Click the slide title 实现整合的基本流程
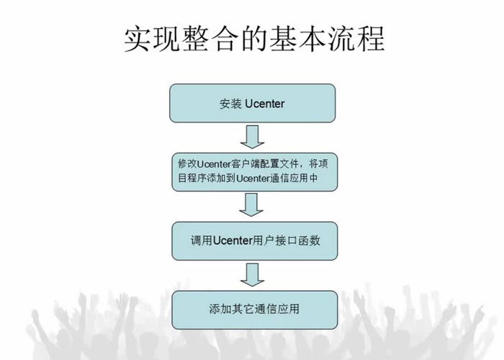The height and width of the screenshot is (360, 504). click(252, 39)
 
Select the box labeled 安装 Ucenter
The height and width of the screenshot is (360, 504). click(252, 104)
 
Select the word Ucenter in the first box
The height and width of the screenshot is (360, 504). click(264, 104)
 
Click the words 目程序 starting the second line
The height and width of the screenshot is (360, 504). click(191, 180)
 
